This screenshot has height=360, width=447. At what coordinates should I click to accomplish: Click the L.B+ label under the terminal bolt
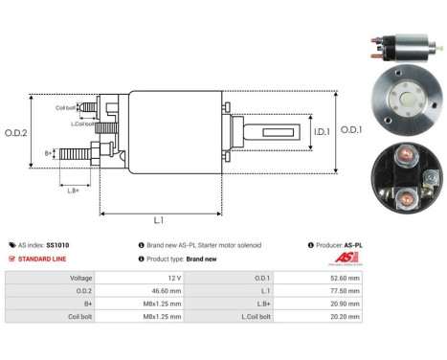pyautogui.click(x=73, y=191)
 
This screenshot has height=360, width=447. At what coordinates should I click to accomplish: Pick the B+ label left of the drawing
pyautogui.click(x=48, y=152)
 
